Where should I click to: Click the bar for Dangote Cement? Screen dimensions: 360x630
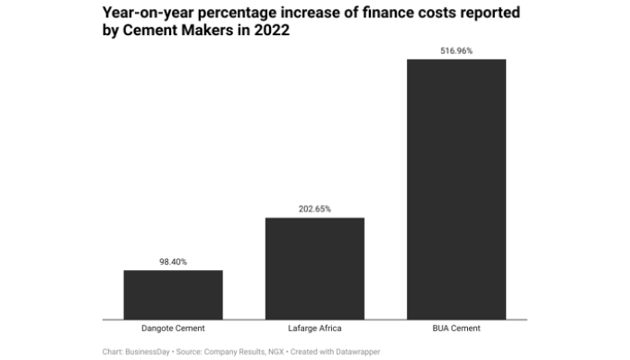tap(173, 294)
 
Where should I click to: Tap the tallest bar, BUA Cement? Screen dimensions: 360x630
tap(456, 189)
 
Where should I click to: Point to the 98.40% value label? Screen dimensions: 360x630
tap(173, 262)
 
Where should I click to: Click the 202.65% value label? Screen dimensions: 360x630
tap(314, 209)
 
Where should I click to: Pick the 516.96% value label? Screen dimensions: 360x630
tap(456, 50)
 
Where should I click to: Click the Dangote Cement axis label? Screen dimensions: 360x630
tap(173, 328)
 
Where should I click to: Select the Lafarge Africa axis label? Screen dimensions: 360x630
tap(314, 328)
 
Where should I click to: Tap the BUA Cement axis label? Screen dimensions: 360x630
tap(456, 328)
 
